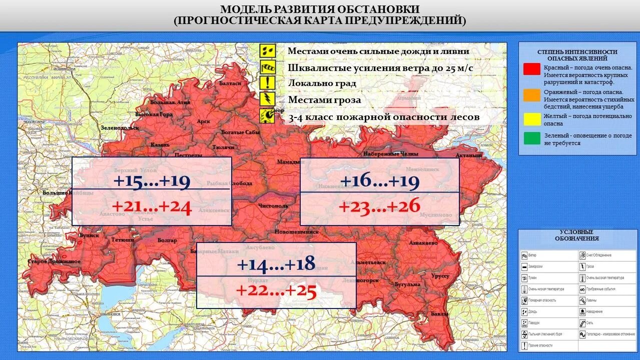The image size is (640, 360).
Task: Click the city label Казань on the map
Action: click(160, 145)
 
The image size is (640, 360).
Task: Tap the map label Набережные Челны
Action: click(388, 154)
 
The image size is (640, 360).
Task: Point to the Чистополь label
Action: click(273, 205)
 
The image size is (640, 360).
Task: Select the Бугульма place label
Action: click(407, 284)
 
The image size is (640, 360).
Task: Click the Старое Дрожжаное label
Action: click(54, 261)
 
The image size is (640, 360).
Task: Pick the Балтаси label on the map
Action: click(230, 83)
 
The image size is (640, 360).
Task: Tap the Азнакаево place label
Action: click(423, 242)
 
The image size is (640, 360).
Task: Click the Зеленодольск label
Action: click(120, 127)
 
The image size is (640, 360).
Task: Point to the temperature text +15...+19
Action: click(152, 181)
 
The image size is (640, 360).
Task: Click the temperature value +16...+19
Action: click(379, 181)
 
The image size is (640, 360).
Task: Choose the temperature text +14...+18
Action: click(276, 264)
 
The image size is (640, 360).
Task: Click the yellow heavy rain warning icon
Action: click(267, 51)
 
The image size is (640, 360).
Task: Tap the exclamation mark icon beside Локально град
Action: click(267, 83)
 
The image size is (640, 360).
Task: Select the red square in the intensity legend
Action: click(532, 69)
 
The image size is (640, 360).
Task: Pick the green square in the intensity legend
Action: click(532, 138)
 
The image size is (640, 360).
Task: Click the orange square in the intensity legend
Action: click(532, 95)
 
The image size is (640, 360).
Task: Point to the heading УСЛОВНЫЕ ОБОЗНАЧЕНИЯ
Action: click(577, 235)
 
